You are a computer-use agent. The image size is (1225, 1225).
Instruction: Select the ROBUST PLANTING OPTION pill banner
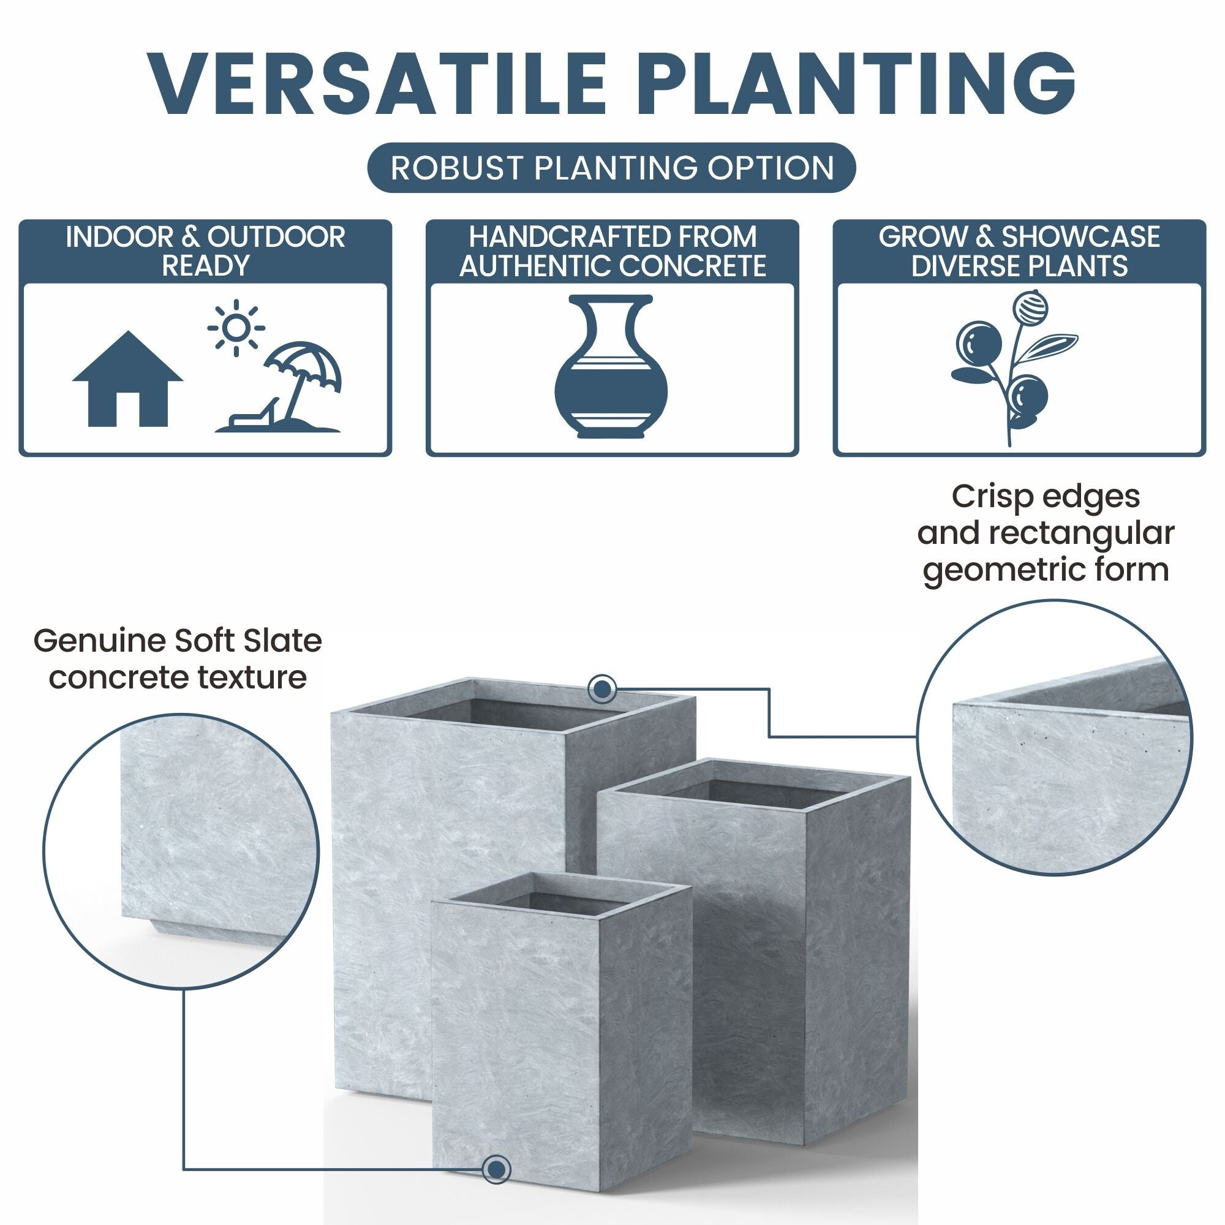pos(612,168)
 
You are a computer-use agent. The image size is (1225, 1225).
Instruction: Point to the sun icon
pos(236,327)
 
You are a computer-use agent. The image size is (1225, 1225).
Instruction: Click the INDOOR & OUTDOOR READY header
pos(205,251)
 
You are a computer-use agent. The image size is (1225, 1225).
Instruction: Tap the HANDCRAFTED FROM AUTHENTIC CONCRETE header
pos(612,251)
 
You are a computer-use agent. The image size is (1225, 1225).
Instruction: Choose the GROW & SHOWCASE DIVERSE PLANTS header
pos(1019,251)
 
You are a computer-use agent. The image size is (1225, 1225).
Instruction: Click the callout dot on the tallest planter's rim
pos(601,688)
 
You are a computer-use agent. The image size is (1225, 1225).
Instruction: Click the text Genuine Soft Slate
pos(178,641)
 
